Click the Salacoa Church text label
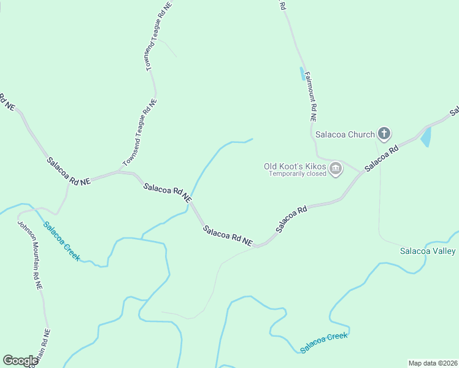point(344,134)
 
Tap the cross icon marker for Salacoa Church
point(384,133)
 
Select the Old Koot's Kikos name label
point(295,166)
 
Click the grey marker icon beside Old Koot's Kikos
point(335,169)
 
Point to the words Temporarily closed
point(296,174)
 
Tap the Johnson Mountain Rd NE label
point(29,255)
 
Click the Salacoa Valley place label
point(428,251)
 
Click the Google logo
point(20,361)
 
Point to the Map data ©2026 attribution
point(432,363)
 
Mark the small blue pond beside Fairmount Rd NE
point(301,74)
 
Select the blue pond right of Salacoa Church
point(426,137)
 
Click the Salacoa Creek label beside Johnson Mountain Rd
point(61,241)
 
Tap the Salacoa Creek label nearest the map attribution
point(323,342)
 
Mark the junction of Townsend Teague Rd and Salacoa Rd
point(120,172)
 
